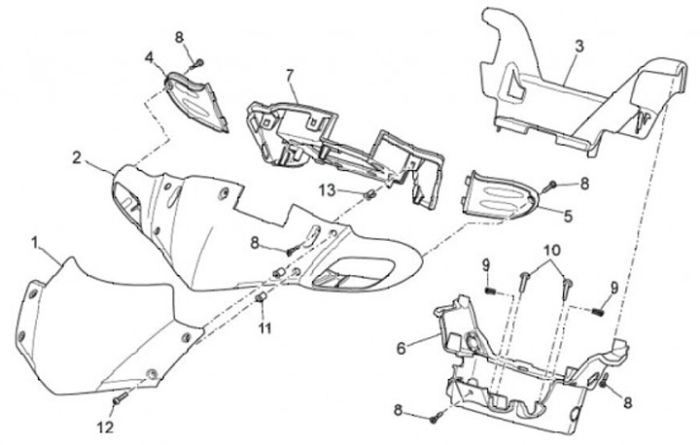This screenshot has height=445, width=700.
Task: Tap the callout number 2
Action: [x=76, y=156]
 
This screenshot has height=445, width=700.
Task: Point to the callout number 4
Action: [x=149, y=57]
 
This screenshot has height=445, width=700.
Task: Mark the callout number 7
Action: [x=289, y=75]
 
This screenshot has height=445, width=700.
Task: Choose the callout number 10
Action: [x=551, y=251]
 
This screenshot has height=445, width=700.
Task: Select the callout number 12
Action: [x=107, y=427]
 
